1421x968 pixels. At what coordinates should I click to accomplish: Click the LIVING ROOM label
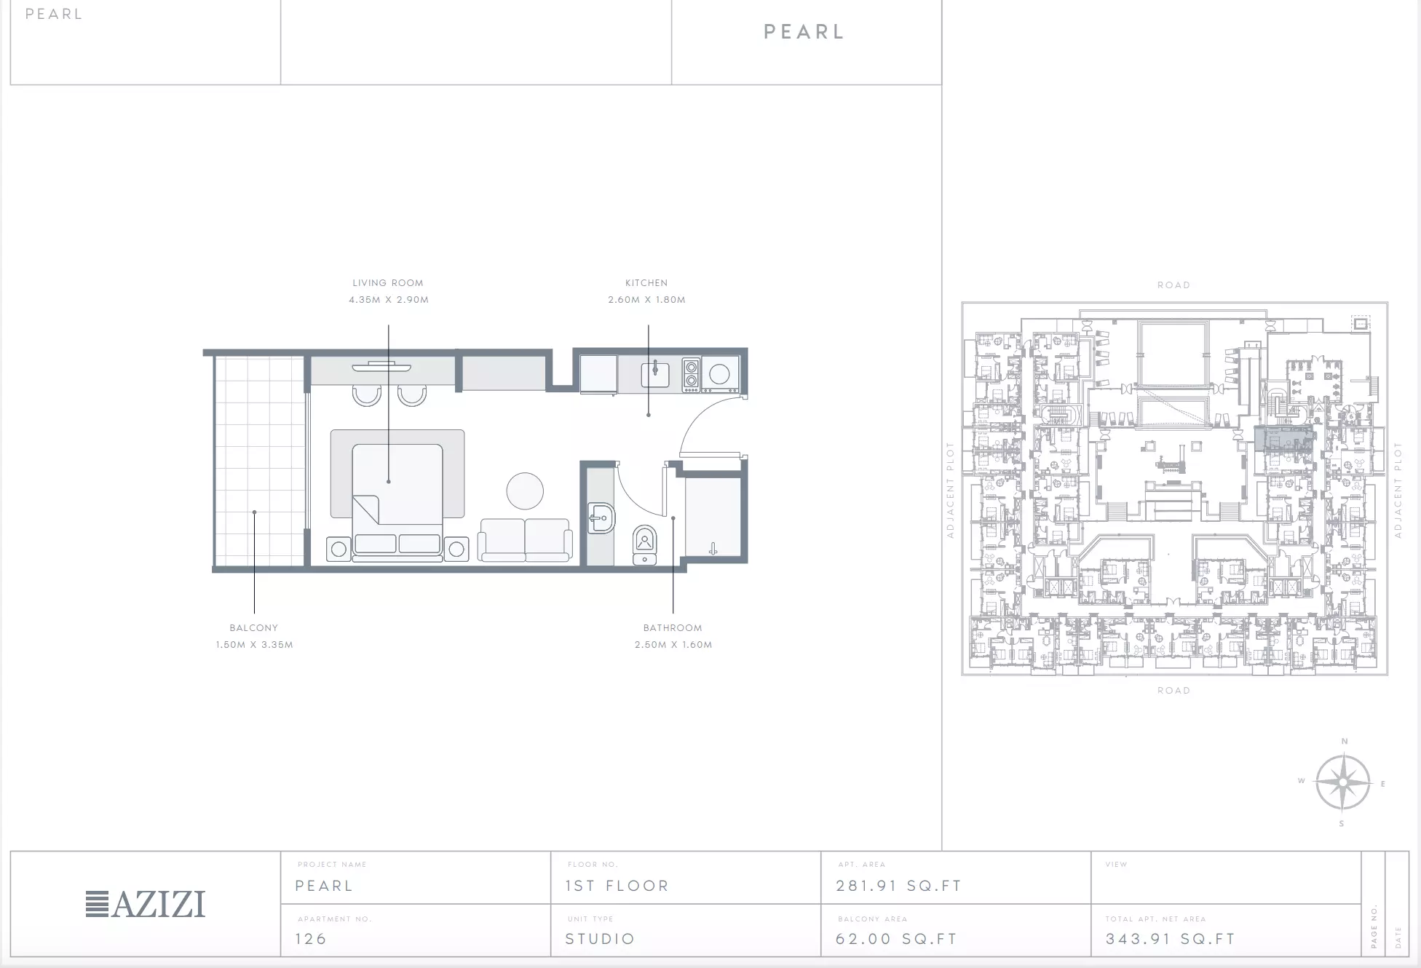[x=388, y=283]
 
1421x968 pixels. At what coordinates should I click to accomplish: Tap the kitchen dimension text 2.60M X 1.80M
[x=647, y=300]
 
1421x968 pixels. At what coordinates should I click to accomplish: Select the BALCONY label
[x=254, y=628]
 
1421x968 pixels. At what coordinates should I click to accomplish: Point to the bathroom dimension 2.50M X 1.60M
[x=673, y=645]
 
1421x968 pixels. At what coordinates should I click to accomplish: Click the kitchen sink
[x=655, y=374]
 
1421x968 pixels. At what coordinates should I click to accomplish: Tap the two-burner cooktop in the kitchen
[x=691, y=374]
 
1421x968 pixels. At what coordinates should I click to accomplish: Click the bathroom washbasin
[x=601, y=519]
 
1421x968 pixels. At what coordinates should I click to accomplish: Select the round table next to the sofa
[x=525, y=491]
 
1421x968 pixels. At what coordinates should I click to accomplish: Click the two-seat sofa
[x=525, y=540]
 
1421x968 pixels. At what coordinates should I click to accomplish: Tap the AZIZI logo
[x=146, y=904]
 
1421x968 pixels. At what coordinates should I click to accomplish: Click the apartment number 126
[x=311, y=939]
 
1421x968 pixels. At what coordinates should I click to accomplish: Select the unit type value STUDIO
[x=601, y=939]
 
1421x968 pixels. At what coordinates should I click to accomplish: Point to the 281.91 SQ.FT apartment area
[x=899, y=886]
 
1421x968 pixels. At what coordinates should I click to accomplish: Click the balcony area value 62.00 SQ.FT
[x=897, y=939]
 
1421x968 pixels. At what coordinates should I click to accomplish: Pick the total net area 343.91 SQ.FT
[x=1171, y=939]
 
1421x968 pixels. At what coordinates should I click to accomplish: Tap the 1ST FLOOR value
[x=617, y=886]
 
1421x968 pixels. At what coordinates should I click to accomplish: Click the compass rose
[x=1343, y=783]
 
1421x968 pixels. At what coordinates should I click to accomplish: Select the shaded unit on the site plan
[x=1284, y=439]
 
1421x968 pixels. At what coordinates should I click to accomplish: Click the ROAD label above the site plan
[x=1173, y=285]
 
